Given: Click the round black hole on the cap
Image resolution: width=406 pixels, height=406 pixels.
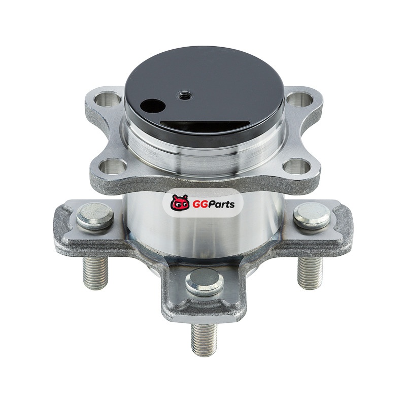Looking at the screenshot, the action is pos(152,106).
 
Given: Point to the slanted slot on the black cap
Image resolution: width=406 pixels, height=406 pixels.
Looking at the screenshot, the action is pos(205,124).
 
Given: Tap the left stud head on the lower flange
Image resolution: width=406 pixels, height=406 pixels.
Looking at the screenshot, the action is pos(95,216).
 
